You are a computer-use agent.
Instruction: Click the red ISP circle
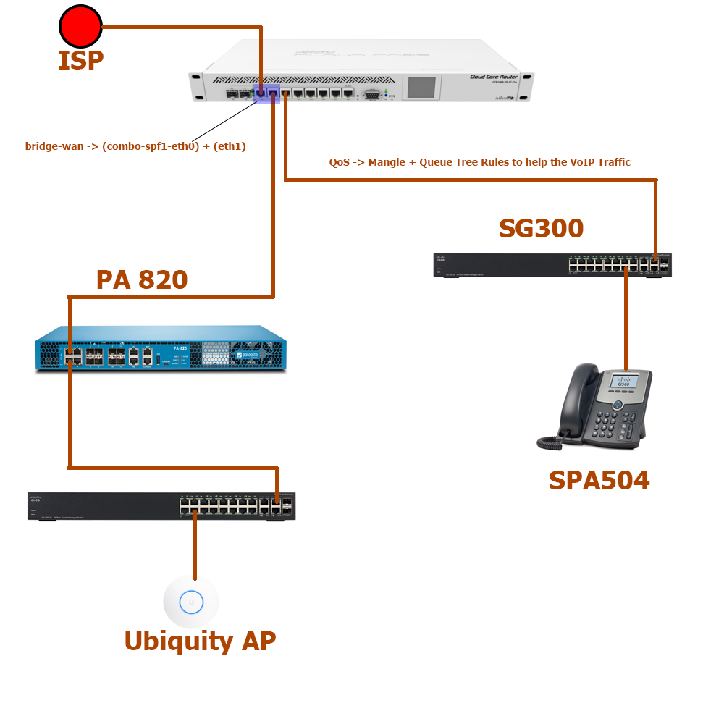tap(80, 27)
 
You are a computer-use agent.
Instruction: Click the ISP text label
tap(80, 61)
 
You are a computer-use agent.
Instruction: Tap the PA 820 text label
tap(142, 279)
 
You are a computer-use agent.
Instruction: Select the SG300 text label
tap(541, 228)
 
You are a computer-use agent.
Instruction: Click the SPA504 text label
tap(599, 480)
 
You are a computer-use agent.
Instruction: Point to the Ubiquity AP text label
tap(200, 641)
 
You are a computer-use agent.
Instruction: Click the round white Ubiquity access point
tap(191, 601)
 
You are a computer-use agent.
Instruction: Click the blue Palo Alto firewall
tap(160, 348)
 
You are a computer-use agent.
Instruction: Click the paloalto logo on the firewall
tap(250, 355)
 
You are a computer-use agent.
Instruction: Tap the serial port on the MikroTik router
tap(372, 93)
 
